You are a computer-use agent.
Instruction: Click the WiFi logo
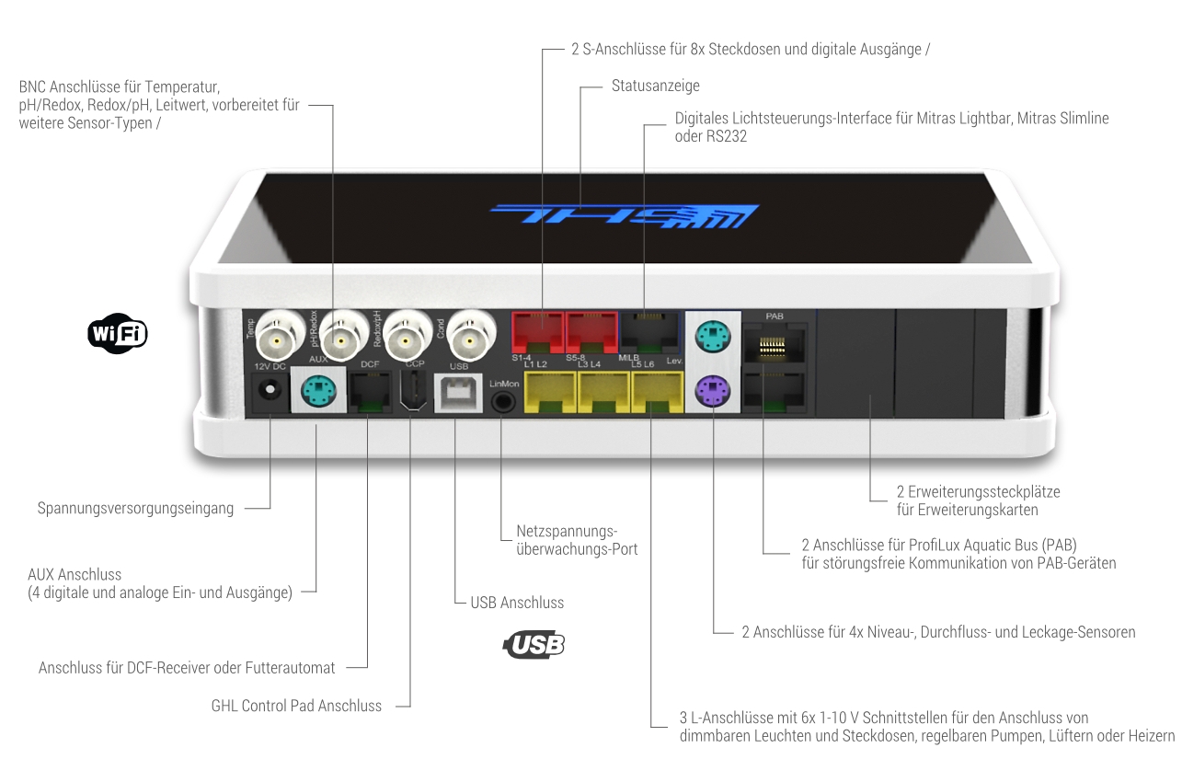point(117,333)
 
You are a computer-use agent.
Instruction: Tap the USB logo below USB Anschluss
point(534,645)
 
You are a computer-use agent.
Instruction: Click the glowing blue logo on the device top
point(625,215)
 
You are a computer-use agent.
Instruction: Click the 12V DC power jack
point(270,391)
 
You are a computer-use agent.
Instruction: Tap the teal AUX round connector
point(318,391)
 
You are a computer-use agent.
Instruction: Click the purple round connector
point(712,391)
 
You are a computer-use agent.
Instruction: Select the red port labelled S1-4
point(538,332)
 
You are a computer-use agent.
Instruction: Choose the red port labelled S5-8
point(591,332)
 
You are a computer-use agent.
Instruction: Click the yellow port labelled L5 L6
point(658,392)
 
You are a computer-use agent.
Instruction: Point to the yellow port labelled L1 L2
point(550,392)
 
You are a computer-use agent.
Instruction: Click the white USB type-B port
point(458,393)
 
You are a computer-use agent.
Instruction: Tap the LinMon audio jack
point(503,402)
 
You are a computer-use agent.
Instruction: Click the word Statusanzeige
point(655,86)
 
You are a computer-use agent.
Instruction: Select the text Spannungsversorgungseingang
point(135,508)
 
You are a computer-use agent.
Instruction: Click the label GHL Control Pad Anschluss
point(296,706)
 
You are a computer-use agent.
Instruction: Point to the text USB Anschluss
point(517,602)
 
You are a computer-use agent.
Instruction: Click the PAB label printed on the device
point(775,316)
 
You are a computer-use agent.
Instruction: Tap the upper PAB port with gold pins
point(775,343)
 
